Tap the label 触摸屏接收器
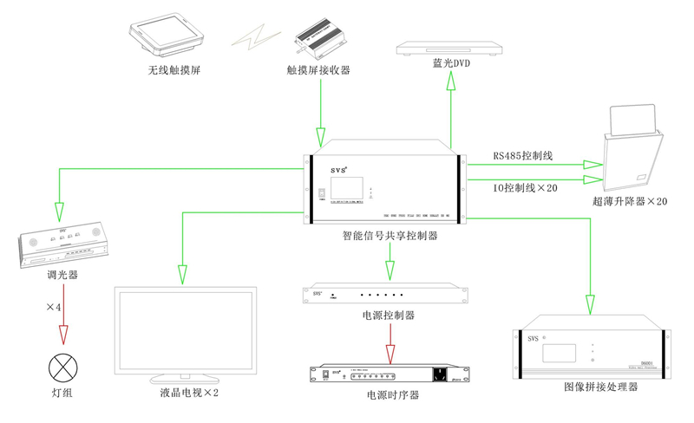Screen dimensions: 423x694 tap(318, 70)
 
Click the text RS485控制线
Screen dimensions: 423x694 tap(522, 156)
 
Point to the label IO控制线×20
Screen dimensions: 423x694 tap(525, 188)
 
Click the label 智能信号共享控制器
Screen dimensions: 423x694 tap(390, 235)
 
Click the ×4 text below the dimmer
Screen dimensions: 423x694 tap(54, 308)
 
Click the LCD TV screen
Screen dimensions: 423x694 tap(185, 331)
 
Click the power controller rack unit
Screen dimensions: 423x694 tap(390, 295)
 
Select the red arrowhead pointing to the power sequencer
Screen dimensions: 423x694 tap(390, 354)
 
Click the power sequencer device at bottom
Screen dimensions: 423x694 tap(390, 374)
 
